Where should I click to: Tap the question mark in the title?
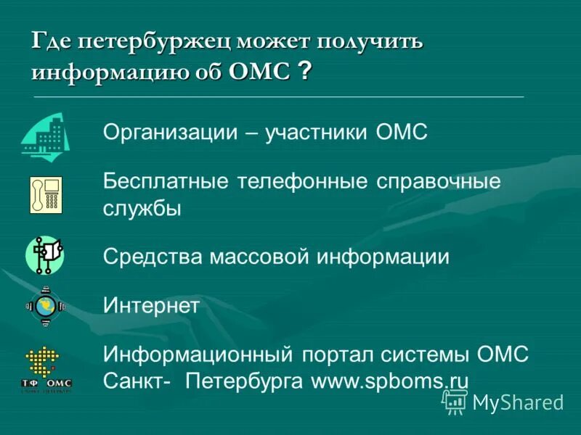coord(306,72)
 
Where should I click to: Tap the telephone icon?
coord(45,194)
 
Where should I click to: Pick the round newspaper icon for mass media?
coord(45,255)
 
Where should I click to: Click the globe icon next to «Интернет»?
coord(46,305)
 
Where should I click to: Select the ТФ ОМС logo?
coord(46,370)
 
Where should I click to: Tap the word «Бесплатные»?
coord(166,181)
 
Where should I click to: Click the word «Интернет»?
coord(150,306)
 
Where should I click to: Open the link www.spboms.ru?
coord(390,381)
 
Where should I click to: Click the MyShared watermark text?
coord(517,402)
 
